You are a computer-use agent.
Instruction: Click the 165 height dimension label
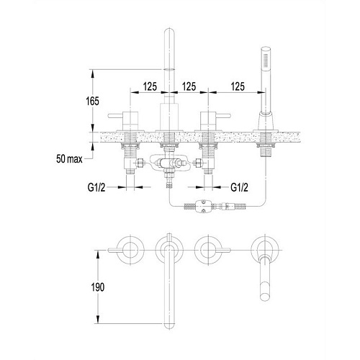92,102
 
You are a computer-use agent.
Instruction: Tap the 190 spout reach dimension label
98,287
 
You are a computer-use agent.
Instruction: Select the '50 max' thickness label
69,159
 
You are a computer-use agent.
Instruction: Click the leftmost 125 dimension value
150,86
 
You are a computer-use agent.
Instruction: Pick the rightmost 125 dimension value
238,86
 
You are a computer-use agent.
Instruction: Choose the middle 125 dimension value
189,86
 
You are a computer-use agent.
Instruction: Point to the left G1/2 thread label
96,187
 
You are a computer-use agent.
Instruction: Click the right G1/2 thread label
239,187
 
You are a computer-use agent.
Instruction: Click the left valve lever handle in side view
116,116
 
